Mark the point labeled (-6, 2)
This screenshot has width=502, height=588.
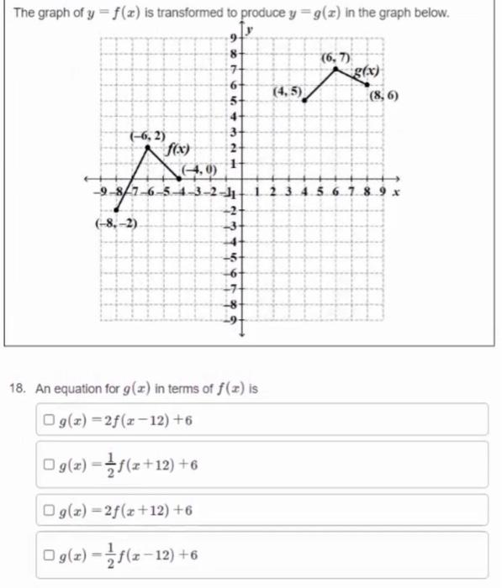[x=148, y=147]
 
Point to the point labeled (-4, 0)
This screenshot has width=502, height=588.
[x=180, y=178]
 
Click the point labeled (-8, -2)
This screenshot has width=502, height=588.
[x=117, y=210]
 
